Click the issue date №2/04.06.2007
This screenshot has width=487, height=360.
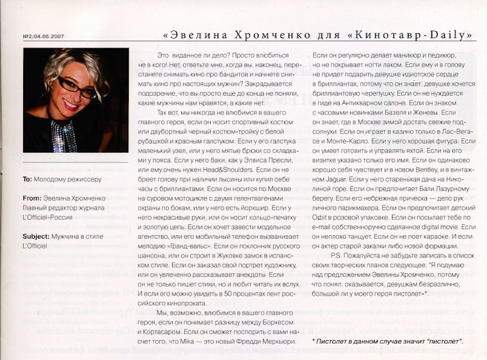pyautogui.click(x=43, y=36)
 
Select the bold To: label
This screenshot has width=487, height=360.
pyautogui.click(x=28, y=179)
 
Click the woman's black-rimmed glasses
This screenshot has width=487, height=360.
pyautogui.click(x=77, y=87)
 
